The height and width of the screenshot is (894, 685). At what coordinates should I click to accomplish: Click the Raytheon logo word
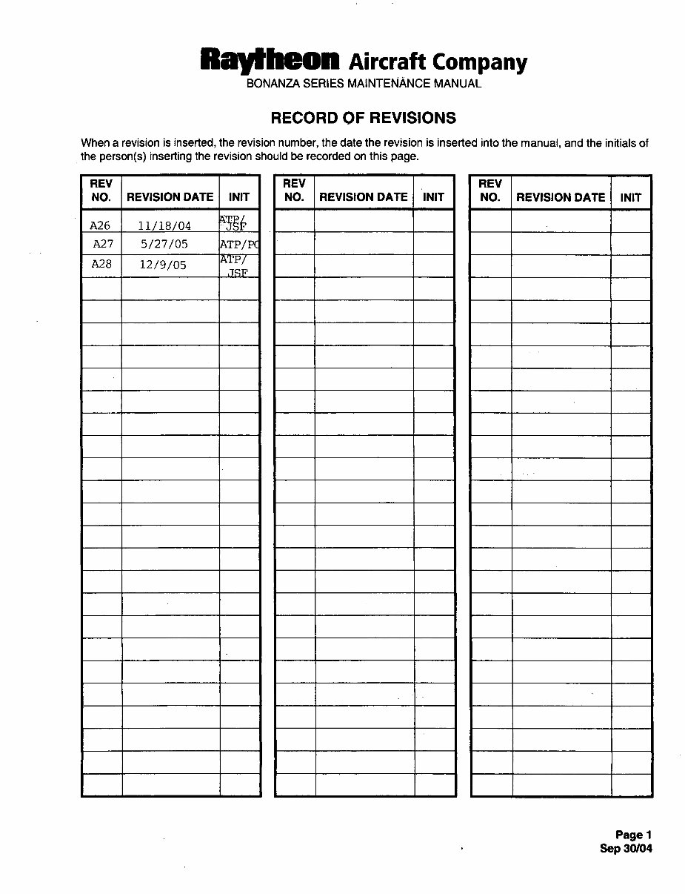coord(270,59)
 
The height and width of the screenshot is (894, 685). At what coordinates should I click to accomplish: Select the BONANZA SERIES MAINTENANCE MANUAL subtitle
coord(364,84)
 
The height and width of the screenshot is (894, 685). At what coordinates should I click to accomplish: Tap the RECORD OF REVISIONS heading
coord(363,118)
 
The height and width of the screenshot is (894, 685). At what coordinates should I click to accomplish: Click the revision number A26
coord(100,226)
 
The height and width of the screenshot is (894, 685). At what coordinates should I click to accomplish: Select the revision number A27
coord(103,244)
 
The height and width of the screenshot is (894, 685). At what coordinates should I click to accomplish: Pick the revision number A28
coord(101,264)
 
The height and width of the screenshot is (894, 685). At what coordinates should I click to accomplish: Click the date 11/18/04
coord(164,226)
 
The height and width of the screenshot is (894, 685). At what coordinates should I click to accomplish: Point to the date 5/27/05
coord(164,244)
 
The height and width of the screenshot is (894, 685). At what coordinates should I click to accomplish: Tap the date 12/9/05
coord(163,264)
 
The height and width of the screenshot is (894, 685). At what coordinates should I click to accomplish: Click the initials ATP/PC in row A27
coord(239,244)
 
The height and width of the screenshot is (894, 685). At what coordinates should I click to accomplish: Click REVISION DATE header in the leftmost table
coord(170,197)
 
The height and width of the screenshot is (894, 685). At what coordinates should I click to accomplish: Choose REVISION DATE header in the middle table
coord(363,197)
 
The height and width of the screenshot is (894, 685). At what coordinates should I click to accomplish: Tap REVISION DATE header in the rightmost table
coord(560,197)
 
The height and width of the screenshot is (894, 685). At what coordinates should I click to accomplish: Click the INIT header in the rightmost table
coord(630,197)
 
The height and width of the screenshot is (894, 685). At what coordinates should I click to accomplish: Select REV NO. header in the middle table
coord(294,191)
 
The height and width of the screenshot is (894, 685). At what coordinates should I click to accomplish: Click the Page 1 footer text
coord(633,835)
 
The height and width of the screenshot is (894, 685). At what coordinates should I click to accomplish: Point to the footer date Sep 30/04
coord(626,849)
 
